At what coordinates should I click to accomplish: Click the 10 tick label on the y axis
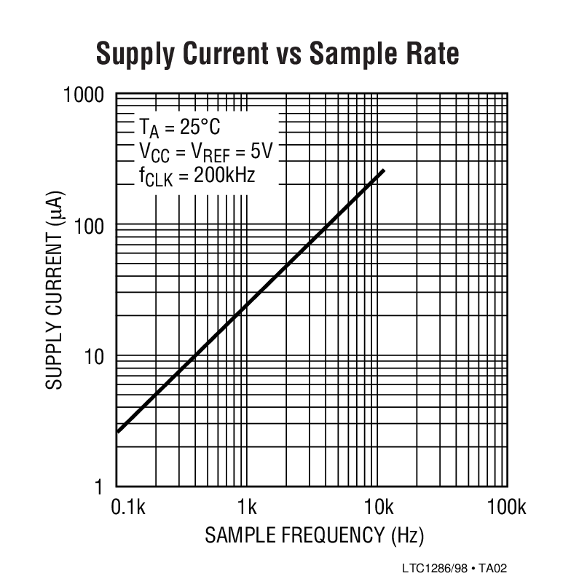[x=101, y=357]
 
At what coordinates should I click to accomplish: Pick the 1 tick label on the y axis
[x=106, y=486]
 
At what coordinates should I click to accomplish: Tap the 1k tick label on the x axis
[x=247, y=507]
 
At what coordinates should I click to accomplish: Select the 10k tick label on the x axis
[x=377, y=507]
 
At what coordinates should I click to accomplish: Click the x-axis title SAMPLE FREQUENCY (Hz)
[x=313, y=536]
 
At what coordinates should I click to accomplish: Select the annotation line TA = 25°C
[x=179, y=128]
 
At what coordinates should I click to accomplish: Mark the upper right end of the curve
[x=384, y=170]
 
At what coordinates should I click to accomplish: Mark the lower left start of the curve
[x=118, y=432]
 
